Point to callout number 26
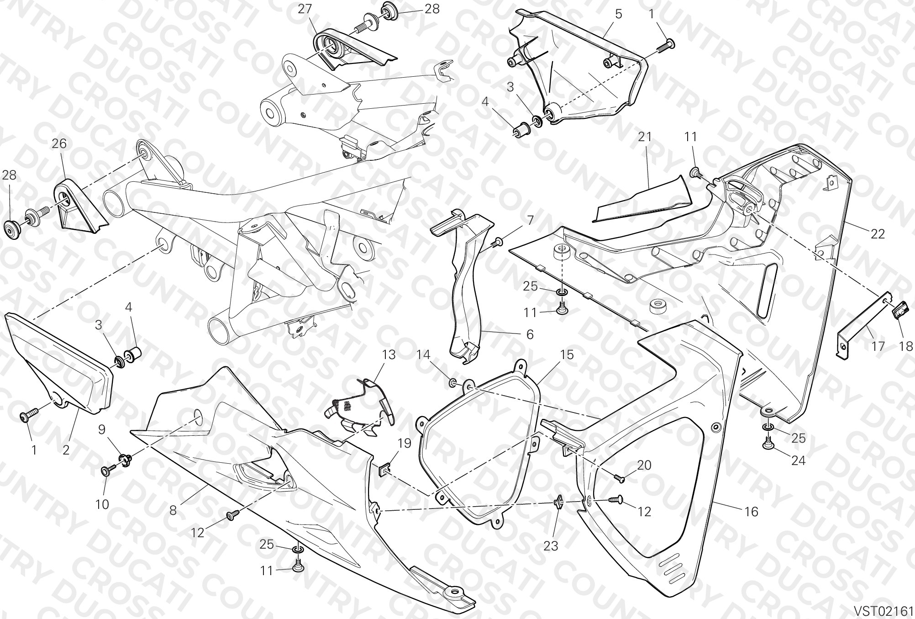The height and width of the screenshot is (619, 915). [59, 143]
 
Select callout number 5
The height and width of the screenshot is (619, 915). [618, 14]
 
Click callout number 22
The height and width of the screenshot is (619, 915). [878, 234]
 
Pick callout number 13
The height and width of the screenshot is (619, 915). [389, 354]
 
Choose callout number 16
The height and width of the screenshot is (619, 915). [751, 512]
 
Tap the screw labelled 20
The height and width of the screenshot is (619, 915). [619, 478]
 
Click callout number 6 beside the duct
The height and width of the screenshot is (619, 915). [530, 334]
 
